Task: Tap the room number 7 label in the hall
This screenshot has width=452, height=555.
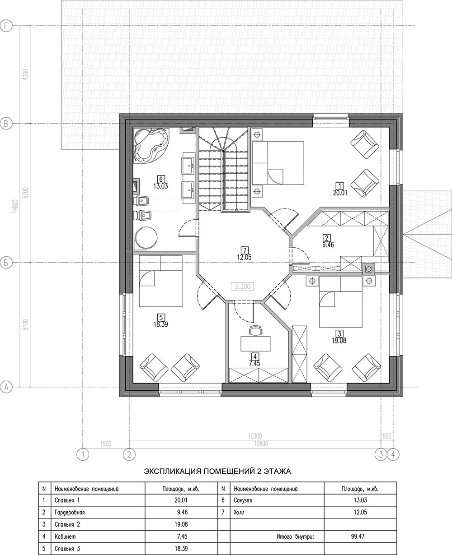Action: click(x=245, y=250)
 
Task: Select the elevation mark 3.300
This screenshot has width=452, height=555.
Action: click(x=242, y=287)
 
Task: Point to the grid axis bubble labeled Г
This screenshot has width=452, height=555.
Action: click(x=6, y=26)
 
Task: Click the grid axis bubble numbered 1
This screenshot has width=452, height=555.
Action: click(x=83, y=455)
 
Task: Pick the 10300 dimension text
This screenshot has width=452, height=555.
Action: click(x=255, y=436)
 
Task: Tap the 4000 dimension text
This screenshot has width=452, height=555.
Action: click(x=26, y=74)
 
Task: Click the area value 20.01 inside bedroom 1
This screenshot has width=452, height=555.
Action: click(x=340, y=193)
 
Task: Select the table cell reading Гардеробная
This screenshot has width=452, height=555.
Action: click(x=70, y=512)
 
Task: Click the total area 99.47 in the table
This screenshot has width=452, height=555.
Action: click(x=358, y=536)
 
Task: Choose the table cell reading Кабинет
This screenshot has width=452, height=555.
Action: click(x=65, y=536)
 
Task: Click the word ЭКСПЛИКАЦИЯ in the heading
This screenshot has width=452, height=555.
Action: click(x=172, y=472)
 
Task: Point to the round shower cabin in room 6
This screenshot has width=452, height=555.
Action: click(x=146, y=237)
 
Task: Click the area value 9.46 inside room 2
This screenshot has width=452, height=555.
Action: click(x=328, y=245)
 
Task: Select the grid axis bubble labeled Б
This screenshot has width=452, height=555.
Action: click(x=6, y=263)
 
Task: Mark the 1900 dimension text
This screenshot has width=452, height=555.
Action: click(x=106, y=444)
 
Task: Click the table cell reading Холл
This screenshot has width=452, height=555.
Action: click(x=239, y=512)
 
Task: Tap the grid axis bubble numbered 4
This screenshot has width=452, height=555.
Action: click(x=393, y=455)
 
